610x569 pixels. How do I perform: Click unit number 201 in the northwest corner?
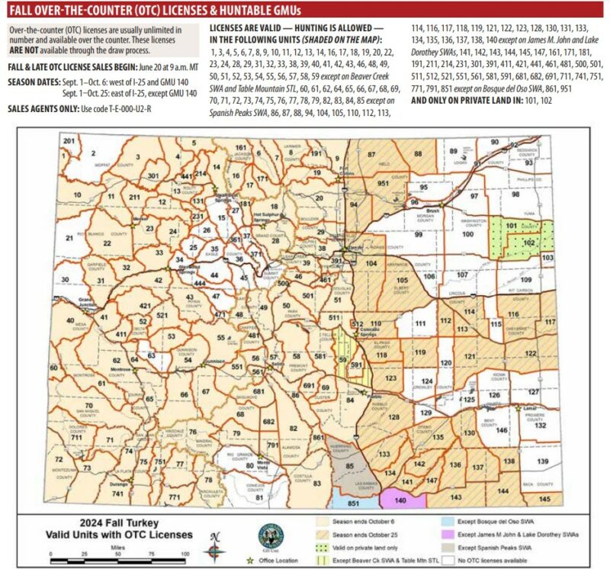tap(69, 142)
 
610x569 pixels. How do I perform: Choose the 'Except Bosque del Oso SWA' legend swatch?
tap(454, 522)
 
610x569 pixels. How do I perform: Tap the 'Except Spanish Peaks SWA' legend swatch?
tap(454, 548)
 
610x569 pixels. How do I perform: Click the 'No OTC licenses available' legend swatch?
tap(454, 562)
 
